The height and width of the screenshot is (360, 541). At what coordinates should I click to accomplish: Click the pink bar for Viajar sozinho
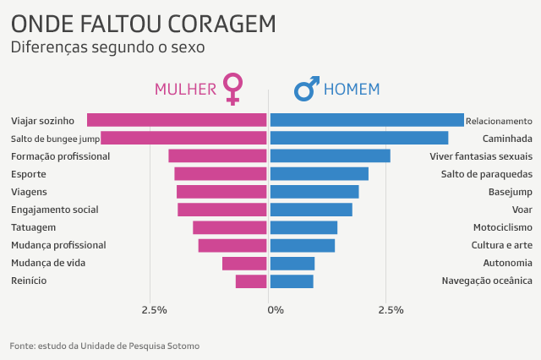(x=177, y=120)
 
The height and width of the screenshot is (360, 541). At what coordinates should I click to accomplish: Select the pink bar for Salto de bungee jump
(x=183, y=138)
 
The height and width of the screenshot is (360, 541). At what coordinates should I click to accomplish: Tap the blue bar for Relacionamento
(x=367, y=120)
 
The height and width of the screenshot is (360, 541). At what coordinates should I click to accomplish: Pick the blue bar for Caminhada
(x=358, y=138)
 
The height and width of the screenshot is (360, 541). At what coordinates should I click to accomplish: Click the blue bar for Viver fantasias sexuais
(x=330, y=155)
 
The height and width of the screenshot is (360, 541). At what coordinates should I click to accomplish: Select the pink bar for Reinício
(x=251, y=281)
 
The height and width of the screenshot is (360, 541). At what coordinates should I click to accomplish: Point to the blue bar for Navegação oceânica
(x=292, y=281)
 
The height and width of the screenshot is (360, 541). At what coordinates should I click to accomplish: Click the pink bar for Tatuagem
(x=230, y=227)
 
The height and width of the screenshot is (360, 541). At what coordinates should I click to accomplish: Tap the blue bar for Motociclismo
(x=303, y=227)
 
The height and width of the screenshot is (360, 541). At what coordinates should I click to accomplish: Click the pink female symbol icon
(x=232, y=88)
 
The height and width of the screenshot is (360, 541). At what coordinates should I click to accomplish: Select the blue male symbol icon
(x=306, y=88)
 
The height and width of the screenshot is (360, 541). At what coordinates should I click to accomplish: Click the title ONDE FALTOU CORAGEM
(x=143, y=23)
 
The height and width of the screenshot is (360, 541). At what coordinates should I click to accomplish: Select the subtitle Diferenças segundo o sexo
(x=107, y=47)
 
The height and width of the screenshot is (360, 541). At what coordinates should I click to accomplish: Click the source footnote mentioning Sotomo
(x=105, y=346)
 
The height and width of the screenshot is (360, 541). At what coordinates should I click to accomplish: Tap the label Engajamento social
(x=55, y=210)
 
